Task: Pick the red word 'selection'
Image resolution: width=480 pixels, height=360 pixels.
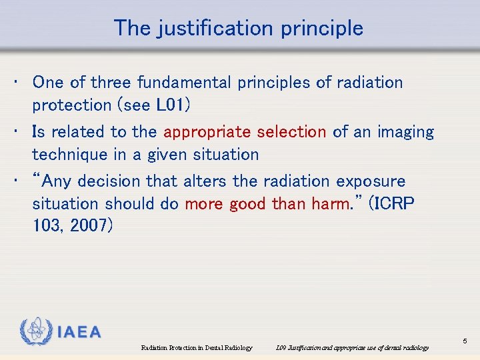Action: [x=293, y=132]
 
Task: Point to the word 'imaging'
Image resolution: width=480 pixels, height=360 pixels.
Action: [x=405, y=132]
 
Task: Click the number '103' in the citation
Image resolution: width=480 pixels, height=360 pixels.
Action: [x=45, y=226]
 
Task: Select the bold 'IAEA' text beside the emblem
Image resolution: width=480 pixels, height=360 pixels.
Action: [x=79, y=332]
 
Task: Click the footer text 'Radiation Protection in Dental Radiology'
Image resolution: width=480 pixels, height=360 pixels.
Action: [x=197, y=348]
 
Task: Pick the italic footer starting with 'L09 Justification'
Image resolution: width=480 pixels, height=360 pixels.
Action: [x=352, y=348]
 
